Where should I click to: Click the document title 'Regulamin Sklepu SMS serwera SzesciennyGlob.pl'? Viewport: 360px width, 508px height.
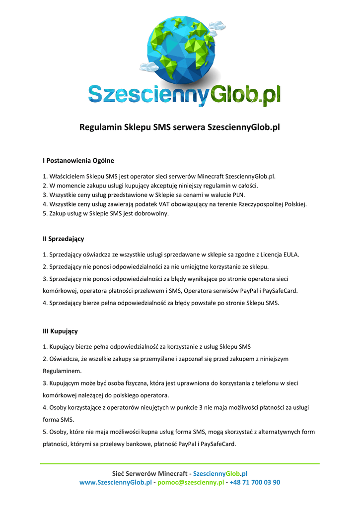point(180,127)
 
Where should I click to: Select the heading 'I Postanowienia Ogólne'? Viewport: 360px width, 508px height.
point(78,160)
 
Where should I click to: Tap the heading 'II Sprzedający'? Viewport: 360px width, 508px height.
point(63,239)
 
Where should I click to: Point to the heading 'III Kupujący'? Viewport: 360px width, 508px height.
point(60,331)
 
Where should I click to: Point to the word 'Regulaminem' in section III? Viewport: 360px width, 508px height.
point(62,371)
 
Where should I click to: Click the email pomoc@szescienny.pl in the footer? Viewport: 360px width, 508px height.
point(191,482)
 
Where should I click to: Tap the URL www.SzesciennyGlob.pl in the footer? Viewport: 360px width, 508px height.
point(115,482)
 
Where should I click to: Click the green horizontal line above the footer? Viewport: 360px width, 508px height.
point(180,464)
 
